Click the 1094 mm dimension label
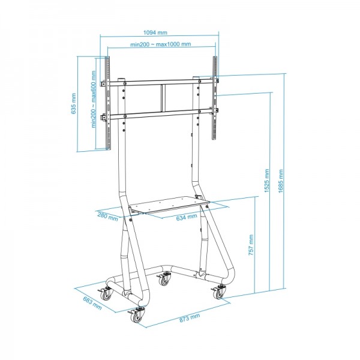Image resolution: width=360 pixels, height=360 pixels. (x=160, y=34)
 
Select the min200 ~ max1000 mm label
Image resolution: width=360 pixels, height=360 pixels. (x=160, y=44)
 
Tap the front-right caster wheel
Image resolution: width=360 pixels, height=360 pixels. (x=217, y=292)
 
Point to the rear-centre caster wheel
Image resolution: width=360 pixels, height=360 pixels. (x=164, y=280)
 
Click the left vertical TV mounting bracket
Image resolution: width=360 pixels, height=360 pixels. (x=108, y=102)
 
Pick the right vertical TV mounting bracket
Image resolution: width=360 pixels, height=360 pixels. (x=214, y=99)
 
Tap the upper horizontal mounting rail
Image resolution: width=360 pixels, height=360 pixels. (x=161, y=80)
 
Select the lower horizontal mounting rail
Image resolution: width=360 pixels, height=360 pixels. (x=161, y=112)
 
